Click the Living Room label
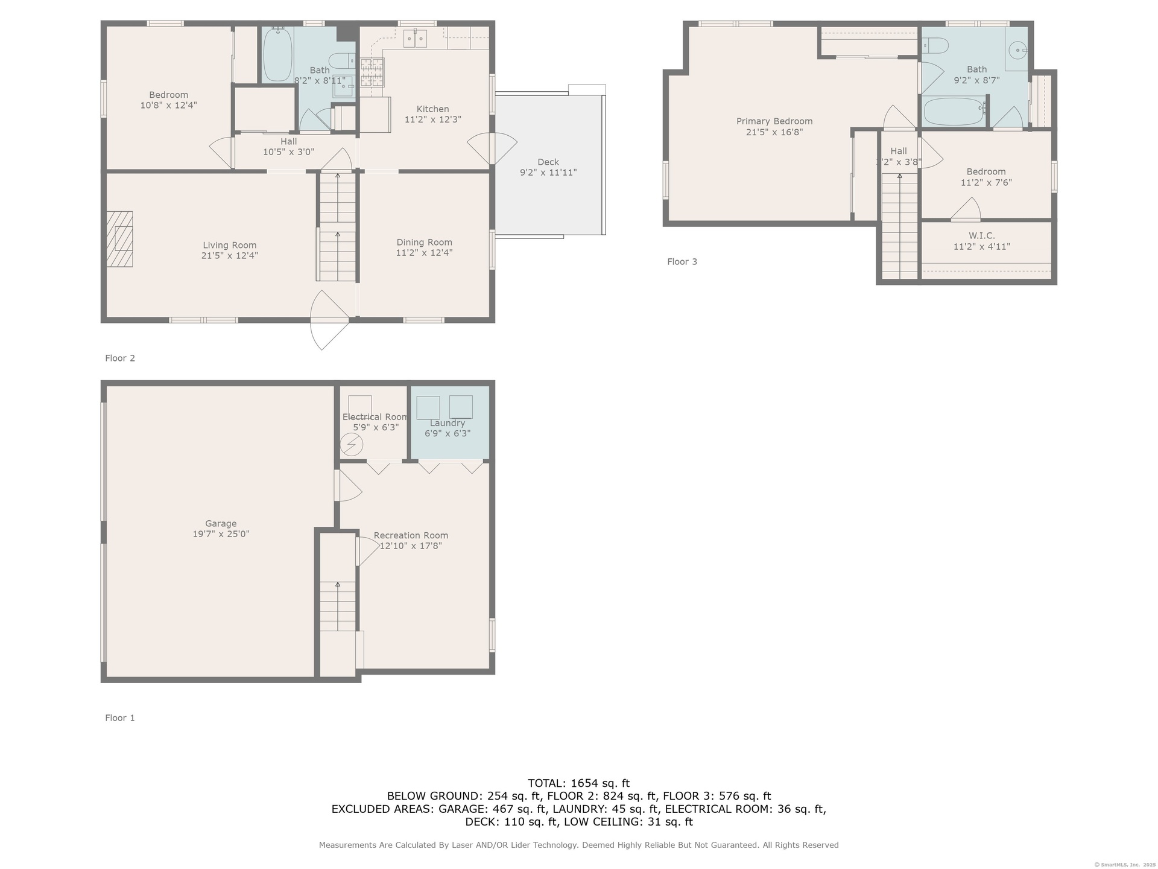(x=230, y=245)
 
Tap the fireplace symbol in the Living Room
(x=119, y=239)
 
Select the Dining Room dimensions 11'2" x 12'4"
(x=424, y=253)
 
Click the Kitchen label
(x=432, y=109)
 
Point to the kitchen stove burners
(x=372, y=72)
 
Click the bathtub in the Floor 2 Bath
(x=278, y=54)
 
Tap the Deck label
(x=548, y=162)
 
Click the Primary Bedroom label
(x=774, y=121)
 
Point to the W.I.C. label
(x=982, y=235)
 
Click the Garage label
(x=221, y=524)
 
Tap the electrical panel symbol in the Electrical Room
(x=352, y=445)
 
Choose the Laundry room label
(x=448, y=423)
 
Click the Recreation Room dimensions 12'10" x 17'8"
(x=411, y=546)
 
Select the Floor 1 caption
(x=120, y=718)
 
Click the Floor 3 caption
(x=682, y=261)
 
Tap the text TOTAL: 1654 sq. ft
(x=579, y=783)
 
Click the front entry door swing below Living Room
(x=329, y=320)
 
